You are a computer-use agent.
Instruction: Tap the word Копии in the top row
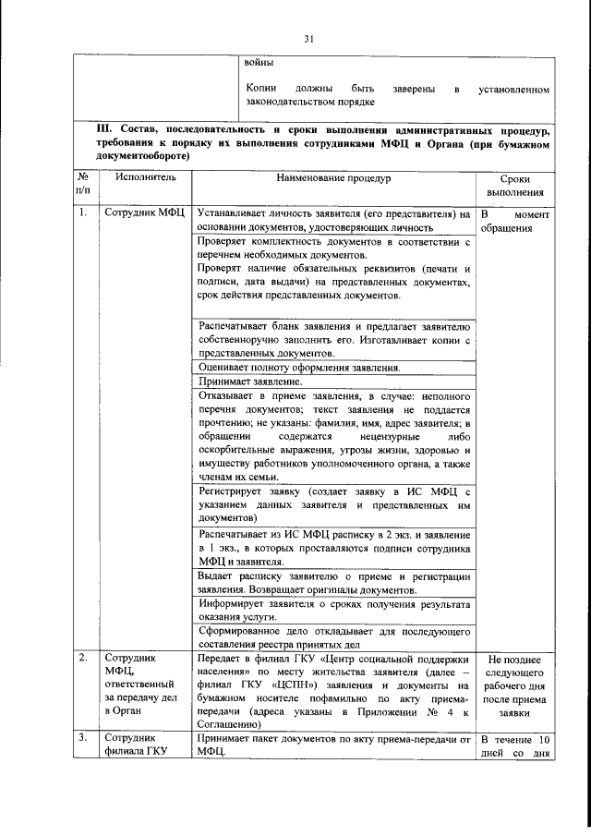[263, 91]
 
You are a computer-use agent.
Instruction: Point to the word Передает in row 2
[220, 659]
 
